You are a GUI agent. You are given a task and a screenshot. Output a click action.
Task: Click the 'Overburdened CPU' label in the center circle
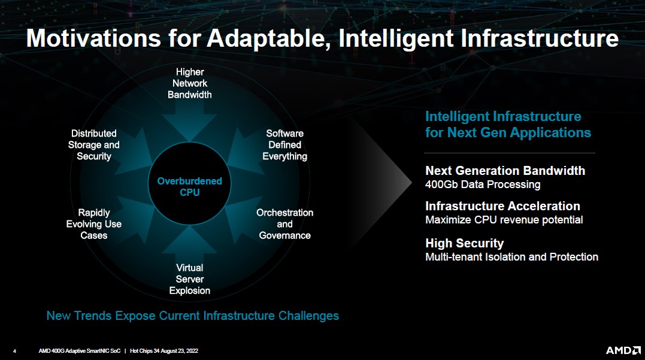click(189, 186)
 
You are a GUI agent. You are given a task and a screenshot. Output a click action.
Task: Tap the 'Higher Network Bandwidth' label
click(190, 83)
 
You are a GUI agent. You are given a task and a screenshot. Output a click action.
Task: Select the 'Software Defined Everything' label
click(284, 145)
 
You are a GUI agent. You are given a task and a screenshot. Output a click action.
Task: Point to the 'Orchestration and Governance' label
click(284, 224)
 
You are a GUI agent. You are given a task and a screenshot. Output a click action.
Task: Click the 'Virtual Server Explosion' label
click(190, 279)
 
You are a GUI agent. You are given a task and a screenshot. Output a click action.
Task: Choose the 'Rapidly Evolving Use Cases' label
click(94, 224)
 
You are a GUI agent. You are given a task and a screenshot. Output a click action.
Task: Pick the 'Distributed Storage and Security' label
click(94, 145)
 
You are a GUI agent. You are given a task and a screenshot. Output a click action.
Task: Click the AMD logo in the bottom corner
click(623, 350)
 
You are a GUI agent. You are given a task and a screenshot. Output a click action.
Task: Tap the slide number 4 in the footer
click(15, 351)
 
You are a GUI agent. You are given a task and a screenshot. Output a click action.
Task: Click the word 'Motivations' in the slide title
click(93, 38)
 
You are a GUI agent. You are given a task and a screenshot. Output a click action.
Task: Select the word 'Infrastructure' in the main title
click(539, 38)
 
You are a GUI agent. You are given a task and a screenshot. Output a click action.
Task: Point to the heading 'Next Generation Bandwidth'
click(505, 170)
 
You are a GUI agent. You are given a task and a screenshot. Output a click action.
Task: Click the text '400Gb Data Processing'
click(483, 184)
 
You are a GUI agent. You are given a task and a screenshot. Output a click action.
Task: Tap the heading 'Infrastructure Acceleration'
click(502, 205)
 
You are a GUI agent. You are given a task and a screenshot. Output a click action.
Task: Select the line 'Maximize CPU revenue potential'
click(504, 220)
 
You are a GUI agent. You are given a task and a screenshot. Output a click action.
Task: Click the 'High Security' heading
click(464, 243)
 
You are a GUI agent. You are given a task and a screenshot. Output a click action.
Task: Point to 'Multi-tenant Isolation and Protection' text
click(511, 257)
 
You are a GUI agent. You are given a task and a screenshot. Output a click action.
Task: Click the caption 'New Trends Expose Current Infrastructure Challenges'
click(192, 316)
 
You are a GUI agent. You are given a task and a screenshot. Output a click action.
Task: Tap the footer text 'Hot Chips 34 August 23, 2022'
click(163, 351)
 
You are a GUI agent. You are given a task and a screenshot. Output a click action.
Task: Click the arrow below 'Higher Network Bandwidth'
click(190, 121)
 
